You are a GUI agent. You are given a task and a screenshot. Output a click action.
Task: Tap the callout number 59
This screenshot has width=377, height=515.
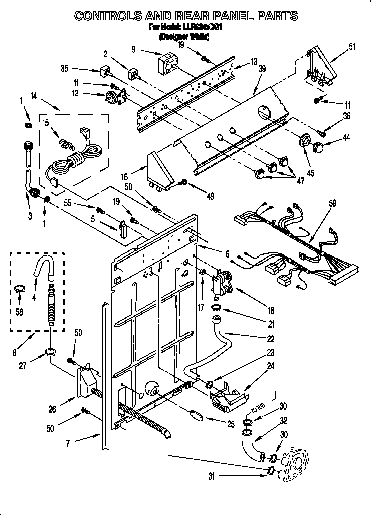point(332,203)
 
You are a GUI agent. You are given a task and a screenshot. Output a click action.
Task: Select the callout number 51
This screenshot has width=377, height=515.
point(352,48)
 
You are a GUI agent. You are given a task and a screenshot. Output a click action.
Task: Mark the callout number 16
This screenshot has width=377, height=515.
point(124,176)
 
